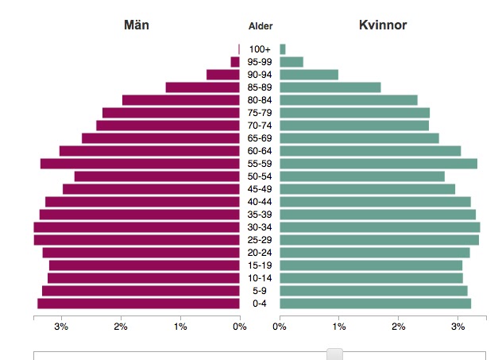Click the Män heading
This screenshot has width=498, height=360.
136,25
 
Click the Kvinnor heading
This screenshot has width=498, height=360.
383,25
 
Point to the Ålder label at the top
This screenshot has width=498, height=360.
260,26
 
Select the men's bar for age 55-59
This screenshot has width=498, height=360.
140,164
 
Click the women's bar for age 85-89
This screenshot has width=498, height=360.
330,87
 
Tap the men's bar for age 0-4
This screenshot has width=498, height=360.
138,304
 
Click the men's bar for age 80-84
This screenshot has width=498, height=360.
180,100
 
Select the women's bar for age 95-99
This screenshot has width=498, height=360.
291,62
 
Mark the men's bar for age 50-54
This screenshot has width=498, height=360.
156,176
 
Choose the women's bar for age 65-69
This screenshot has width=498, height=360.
359,138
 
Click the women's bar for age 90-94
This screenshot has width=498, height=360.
308,75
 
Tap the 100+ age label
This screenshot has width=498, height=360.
260,49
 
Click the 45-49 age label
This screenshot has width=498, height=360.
260,189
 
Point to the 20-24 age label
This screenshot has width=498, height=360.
260,253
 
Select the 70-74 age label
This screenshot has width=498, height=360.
260,126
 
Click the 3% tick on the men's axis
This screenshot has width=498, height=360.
60,326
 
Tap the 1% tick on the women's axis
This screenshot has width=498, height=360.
339,326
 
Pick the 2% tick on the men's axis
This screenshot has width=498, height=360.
120,326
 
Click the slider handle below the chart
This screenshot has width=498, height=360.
335,354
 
